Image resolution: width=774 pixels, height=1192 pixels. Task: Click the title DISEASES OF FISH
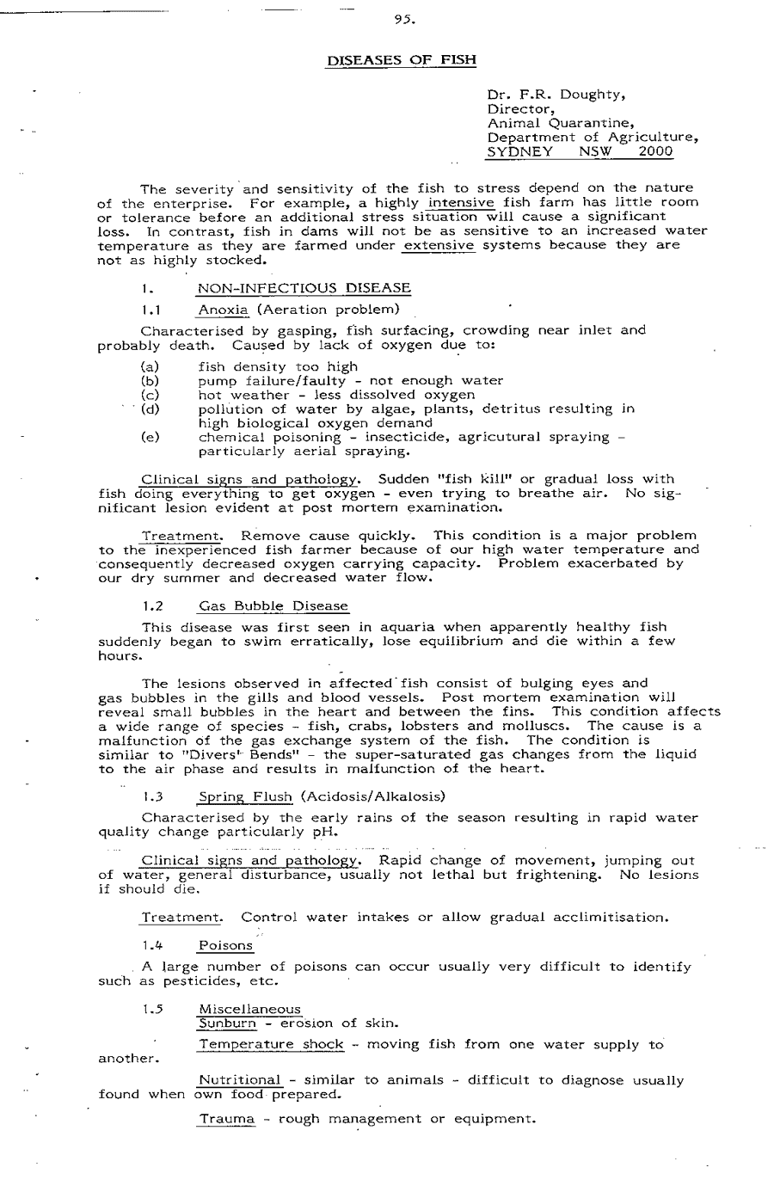pyautogui.click(x=402, y=60)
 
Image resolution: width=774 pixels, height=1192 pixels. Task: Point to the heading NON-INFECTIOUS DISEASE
pyautogui.click(x=304, y=288)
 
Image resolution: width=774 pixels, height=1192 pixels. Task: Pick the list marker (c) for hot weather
pyautogui.click(x=150, y=395)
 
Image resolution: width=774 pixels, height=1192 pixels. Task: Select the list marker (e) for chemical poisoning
pyautogui.click(x=150, y=437)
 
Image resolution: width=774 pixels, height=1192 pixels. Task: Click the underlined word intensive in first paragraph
pyautogui.click(x=462, y=203)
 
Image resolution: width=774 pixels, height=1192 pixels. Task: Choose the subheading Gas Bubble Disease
pyautogui.click(x=273, y=606)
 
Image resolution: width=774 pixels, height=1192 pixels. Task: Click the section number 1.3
pyautogui.click(x=152, y=796)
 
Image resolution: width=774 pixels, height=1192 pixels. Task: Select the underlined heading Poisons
pyautogui.click(x=225, y=946)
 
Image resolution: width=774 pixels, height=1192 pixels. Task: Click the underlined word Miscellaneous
pyautogui.click(x=249, y=1010)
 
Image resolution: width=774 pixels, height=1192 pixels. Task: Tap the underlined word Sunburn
pyautogui.click(x=227, y=1023)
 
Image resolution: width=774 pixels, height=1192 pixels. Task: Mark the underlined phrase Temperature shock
pyautogui.click(x=271, y=1045)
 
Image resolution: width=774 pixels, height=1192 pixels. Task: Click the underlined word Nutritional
pyautogui.click(x=240, y=1080)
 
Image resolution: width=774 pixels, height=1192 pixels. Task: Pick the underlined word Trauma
pyautogui.click(x=226, y=1119)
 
